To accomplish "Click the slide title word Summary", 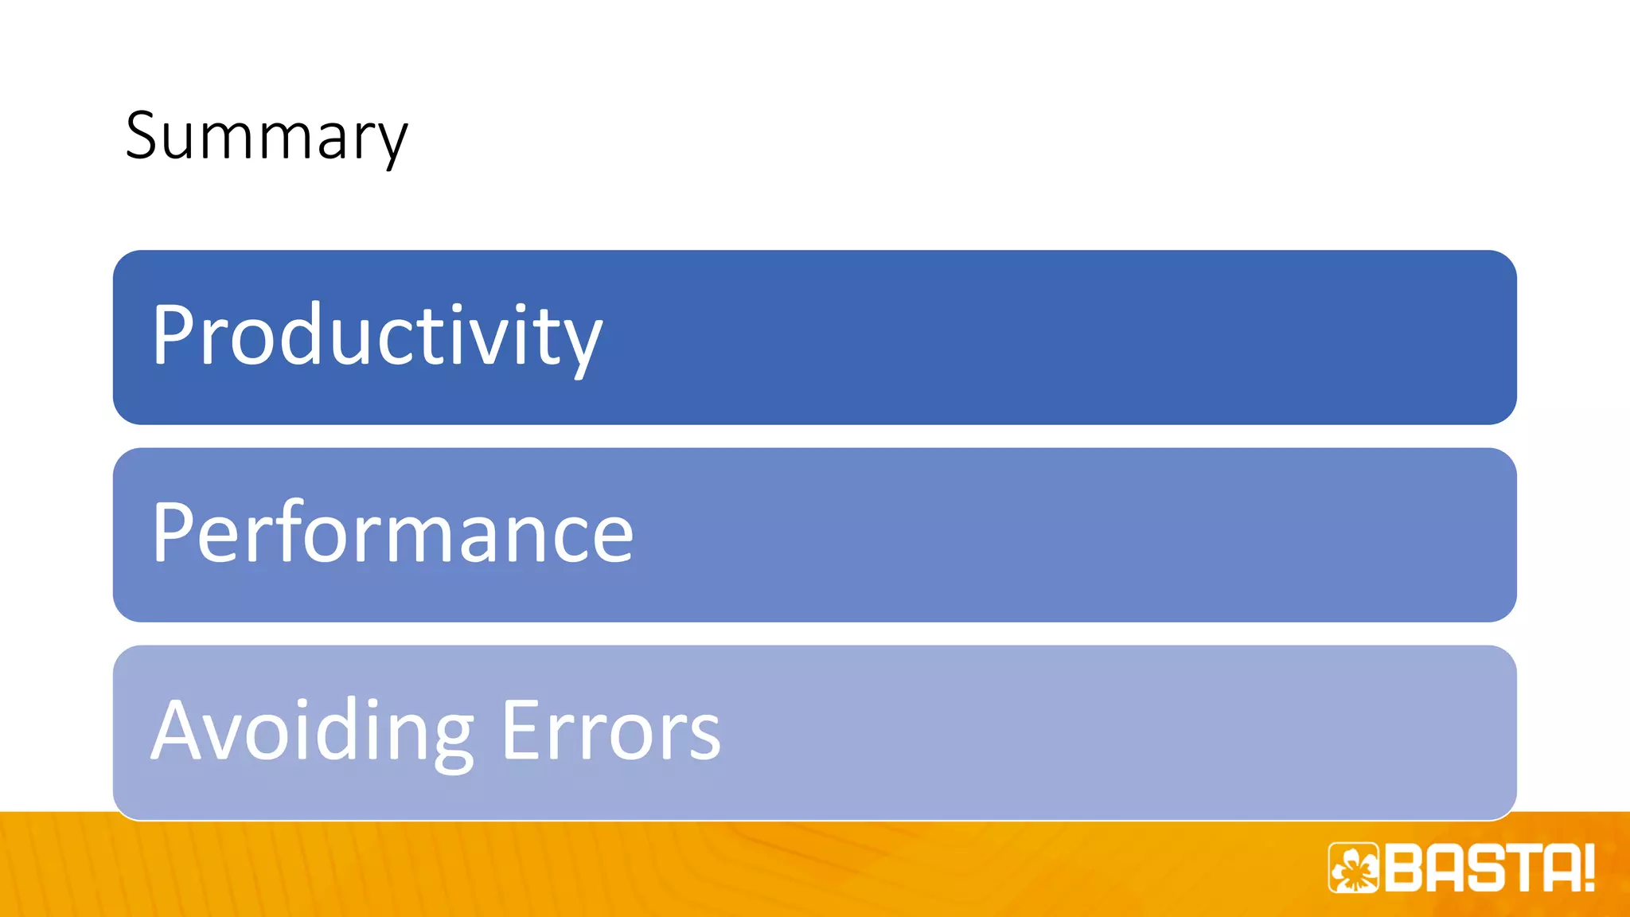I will click(266, 137).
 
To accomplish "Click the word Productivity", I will click(376, 336).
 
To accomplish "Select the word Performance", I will click(392, 533).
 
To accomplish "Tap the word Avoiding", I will click(312, 731).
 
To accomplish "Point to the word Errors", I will click(610, 731).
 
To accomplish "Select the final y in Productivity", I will click(581, 344).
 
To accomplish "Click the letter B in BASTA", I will click(1405, 868).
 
